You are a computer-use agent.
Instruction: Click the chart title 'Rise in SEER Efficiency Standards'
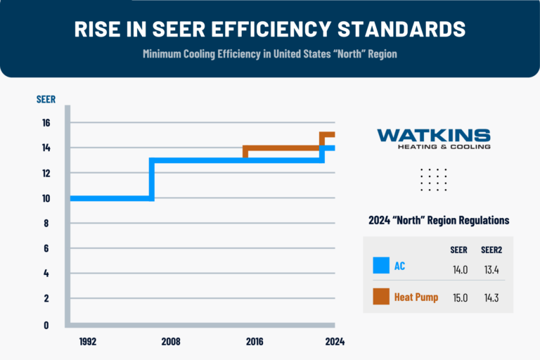point(270,30)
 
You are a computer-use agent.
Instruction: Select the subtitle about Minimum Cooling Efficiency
point(270,55)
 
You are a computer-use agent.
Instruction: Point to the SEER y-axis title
point(46,99)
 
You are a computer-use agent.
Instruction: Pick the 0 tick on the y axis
point(46,325)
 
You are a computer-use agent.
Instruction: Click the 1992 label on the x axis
point(88,342)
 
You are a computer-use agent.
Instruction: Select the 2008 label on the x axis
point(171,342)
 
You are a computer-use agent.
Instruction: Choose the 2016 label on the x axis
point(255,342)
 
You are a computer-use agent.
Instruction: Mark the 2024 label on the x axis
point(334,342)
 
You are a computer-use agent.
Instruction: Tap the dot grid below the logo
point(433,179)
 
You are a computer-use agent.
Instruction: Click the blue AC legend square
point(381,266)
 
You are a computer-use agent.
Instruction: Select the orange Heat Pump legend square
point(381,297)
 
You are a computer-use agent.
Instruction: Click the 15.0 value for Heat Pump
point(459,297)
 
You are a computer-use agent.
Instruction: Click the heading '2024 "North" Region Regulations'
point(439,220)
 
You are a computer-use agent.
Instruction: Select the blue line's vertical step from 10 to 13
point(152,179)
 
